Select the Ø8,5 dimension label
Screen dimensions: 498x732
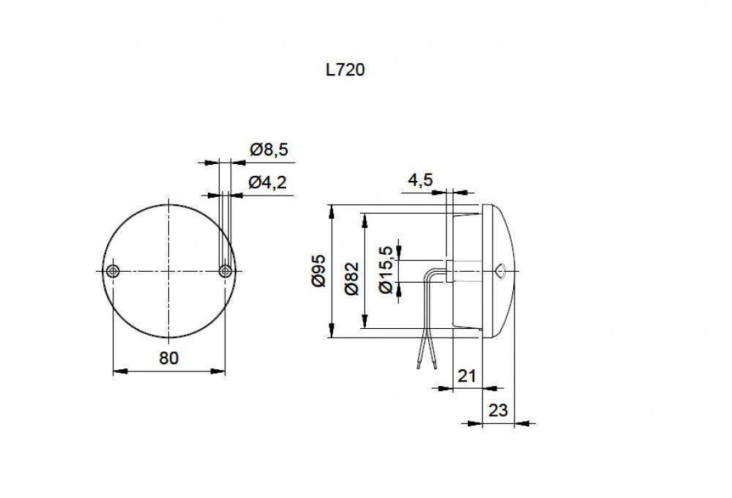(269, 150)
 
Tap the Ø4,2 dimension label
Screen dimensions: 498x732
(269, 183)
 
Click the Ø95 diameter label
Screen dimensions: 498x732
(318, 271)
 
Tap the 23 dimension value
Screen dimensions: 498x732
(498, 410)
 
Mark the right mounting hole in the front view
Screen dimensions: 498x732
(225, 271)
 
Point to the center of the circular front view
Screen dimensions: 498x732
(168, 271)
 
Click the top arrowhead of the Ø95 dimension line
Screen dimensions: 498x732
(332, 209)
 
